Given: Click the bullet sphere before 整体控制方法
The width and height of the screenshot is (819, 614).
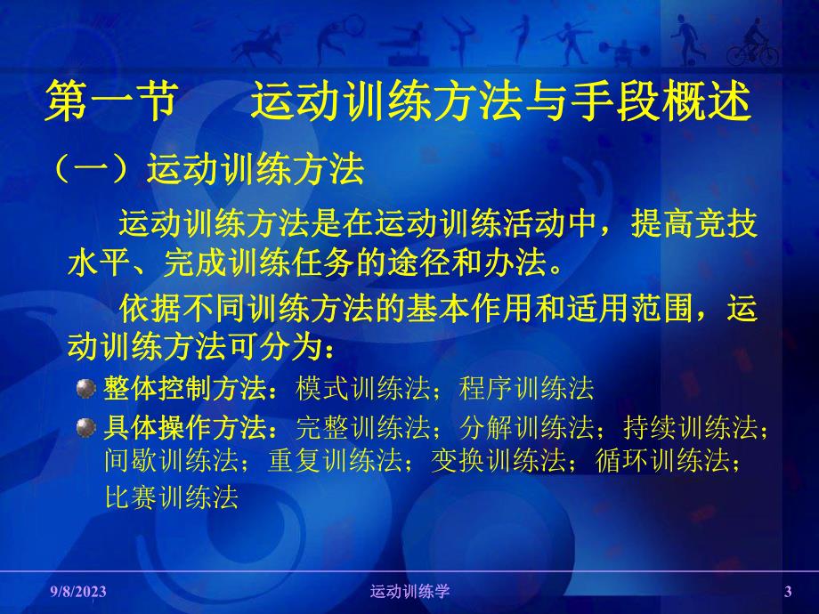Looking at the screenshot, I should (86, 390).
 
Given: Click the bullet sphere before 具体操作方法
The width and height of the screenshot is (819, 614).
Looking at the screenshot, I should (86, 428).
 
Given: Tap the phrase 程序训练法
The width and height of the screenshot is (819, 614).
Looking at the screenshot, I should (526, 390).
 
